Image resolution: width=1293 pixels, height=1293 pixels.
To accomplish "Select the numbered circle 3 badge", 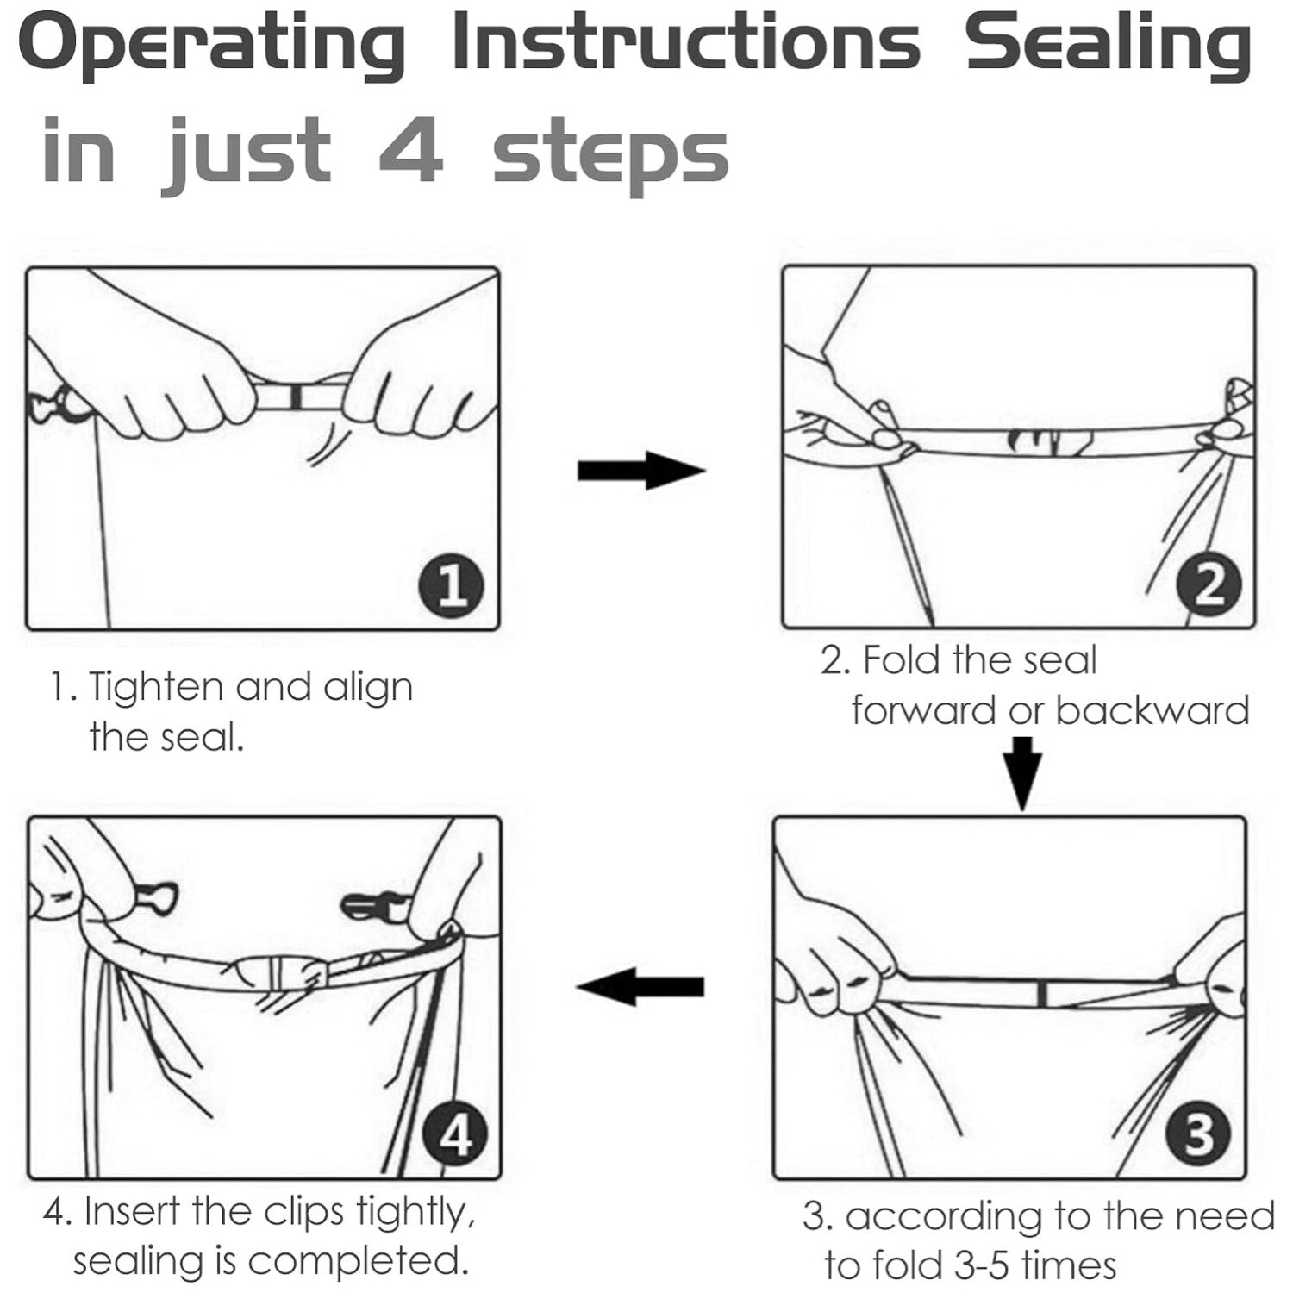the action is tap(1198, 1135).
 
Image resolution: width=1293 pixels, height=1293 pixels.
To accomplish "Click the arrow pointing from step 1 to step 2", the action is tap(641, 471).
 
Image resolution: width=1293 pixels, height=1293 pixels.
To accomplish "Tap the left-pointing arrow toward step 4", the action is tap(640, 986).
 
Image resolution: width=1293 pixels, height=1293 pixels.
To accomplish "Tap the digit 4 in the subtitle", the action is tap(411, 149).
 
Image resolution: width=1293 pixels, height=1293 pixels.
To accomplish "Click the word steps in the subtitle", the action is tap(610, 155).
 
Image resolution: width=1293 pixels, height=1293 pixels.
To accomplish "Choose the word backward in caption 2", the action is tap(1152, 710).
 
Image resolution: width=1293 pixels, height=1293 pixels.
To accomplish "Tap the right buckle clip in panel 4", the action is tap(373, 906).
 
